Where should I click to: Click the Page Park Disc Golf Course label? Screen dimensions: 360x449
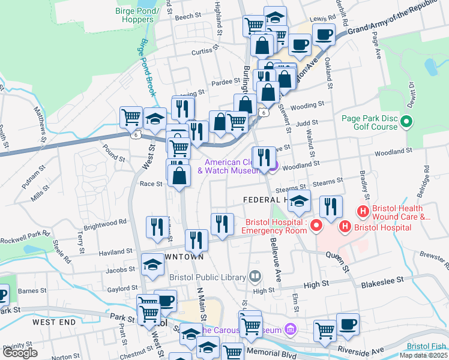[x=370, y=122]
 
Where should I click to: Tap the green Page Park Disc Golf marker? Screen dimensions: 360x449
[x=406, y=122]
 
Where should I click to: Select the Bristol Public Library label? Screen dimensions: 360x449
[x=208, y=277]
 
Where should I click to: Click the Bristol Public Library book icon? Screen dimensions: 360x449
[x=255, y=277]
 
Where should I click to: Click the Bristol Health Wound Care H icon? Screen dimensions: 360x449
[x=363, y=211]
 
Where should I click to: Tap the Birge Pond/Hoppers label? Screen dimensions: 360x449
[x=138, y=14]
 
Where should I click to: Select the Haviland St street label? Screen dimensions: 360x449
[x=116, y=252]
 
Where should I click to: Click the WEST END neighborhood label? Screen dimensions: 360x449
[x=54, y=322]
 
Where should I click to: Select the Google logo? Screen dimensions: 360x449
[x=20, y=353]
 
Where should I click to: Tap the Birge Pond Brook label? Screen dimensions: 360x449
[x=146, y=67]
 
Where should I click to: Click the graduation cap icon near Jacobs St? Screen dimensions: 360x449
[x=152, y=265]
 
